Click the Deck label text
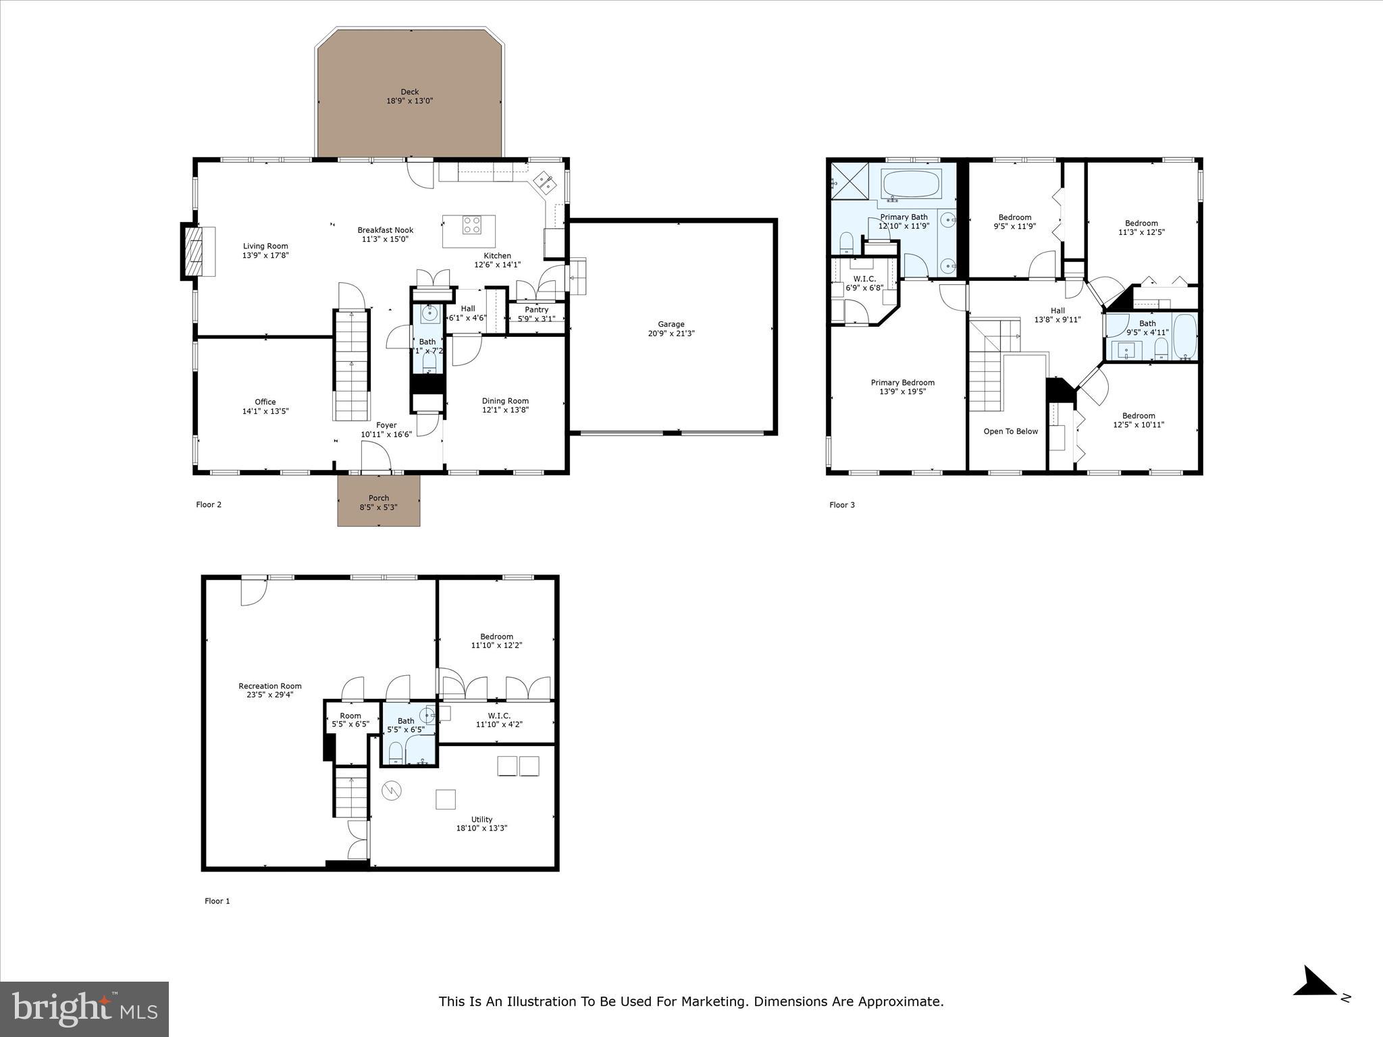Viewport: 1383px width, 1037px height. click(409, 92)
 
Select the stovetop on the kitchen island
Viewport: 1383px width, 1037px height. click(471, 225)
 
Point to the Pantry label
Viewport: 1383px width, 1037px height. click(536, 310)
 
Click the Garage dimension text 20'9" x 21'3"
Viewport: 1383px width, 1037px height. click(671, 334)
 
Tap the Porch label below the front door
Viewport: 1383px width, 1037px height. click(378, 498)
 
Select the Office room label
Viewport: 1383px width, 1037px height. click(265, 402)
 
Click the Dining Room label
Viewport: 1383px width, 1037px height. click(505, 401)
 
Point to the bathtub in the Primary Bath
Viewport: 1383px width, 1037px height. click(911, 184)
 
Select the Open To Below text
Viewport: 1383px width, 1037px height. click(1010, 431)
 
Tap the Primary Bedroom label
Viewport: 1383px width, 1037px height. click(902, 383)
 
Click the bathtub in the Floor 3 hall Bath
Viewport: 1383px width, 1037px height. click(1184, 336)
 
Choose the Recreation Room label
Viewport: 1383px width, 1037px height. click(269, 686)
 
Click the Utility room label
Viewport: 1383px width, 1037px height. click(481, 820)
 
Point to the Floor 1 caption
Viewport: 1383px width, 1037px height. click(217, 901)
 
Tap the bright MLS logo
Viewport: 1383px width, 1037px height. click(84, 1009)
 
